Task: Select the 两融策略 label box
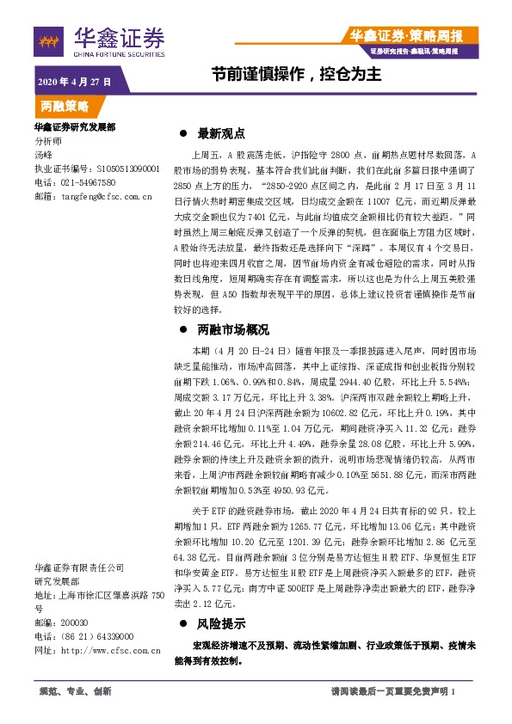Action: [x=65, y=107]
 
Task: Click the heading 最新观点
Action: [x=222, y=133]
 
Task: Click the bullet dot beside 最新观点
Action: [x=182, y=134]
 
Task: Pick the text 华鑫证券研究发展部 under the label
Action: [x=75, y=127]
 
